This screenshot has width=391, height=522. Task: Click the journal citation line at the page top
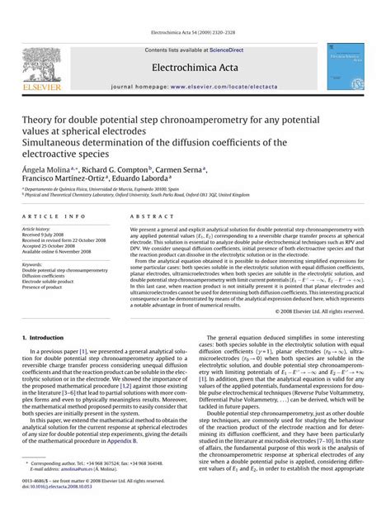coord(195,7)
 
